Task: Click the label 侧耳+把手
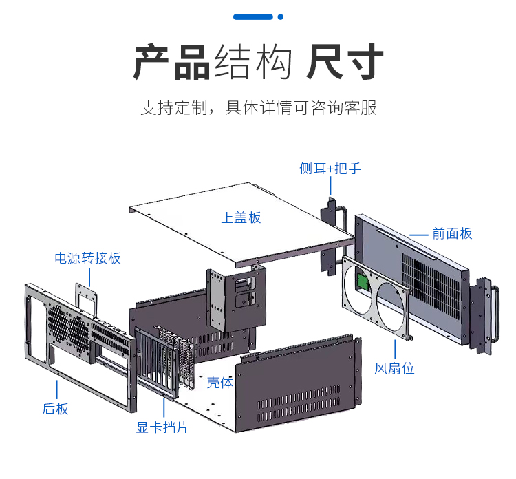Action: click(330, 169)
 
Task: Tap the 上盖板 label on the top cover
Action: click(241, 217)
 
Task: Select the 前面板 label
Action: click(452, 234)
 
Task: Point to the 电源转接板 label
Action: click(87, 258)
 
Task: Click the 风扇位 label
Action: click(394, 368)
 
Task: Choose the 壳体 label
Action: click(220, 383)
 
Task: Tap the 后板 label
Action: click(55, 409)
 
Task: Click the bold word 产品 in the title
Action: click(171, 63)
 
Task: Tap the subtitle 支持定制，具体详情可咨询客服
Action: click(259, 108)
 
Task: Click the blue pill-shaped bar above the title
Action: click(253, 17)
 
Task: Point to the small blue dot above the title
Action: click(280, 17)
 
